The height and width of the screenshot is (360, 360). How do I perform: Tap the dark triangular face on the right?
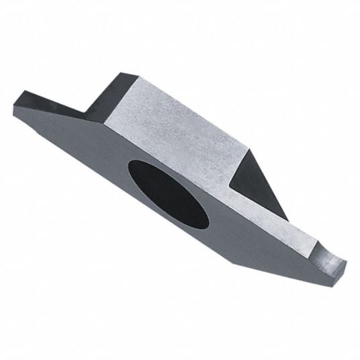(x=258, y=178)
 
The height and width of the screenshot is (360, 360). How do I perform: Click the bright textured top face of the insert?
(x=181, y=128)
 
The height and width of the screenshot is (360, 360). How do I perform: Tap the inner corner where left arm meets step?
(x=89, y=114)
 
